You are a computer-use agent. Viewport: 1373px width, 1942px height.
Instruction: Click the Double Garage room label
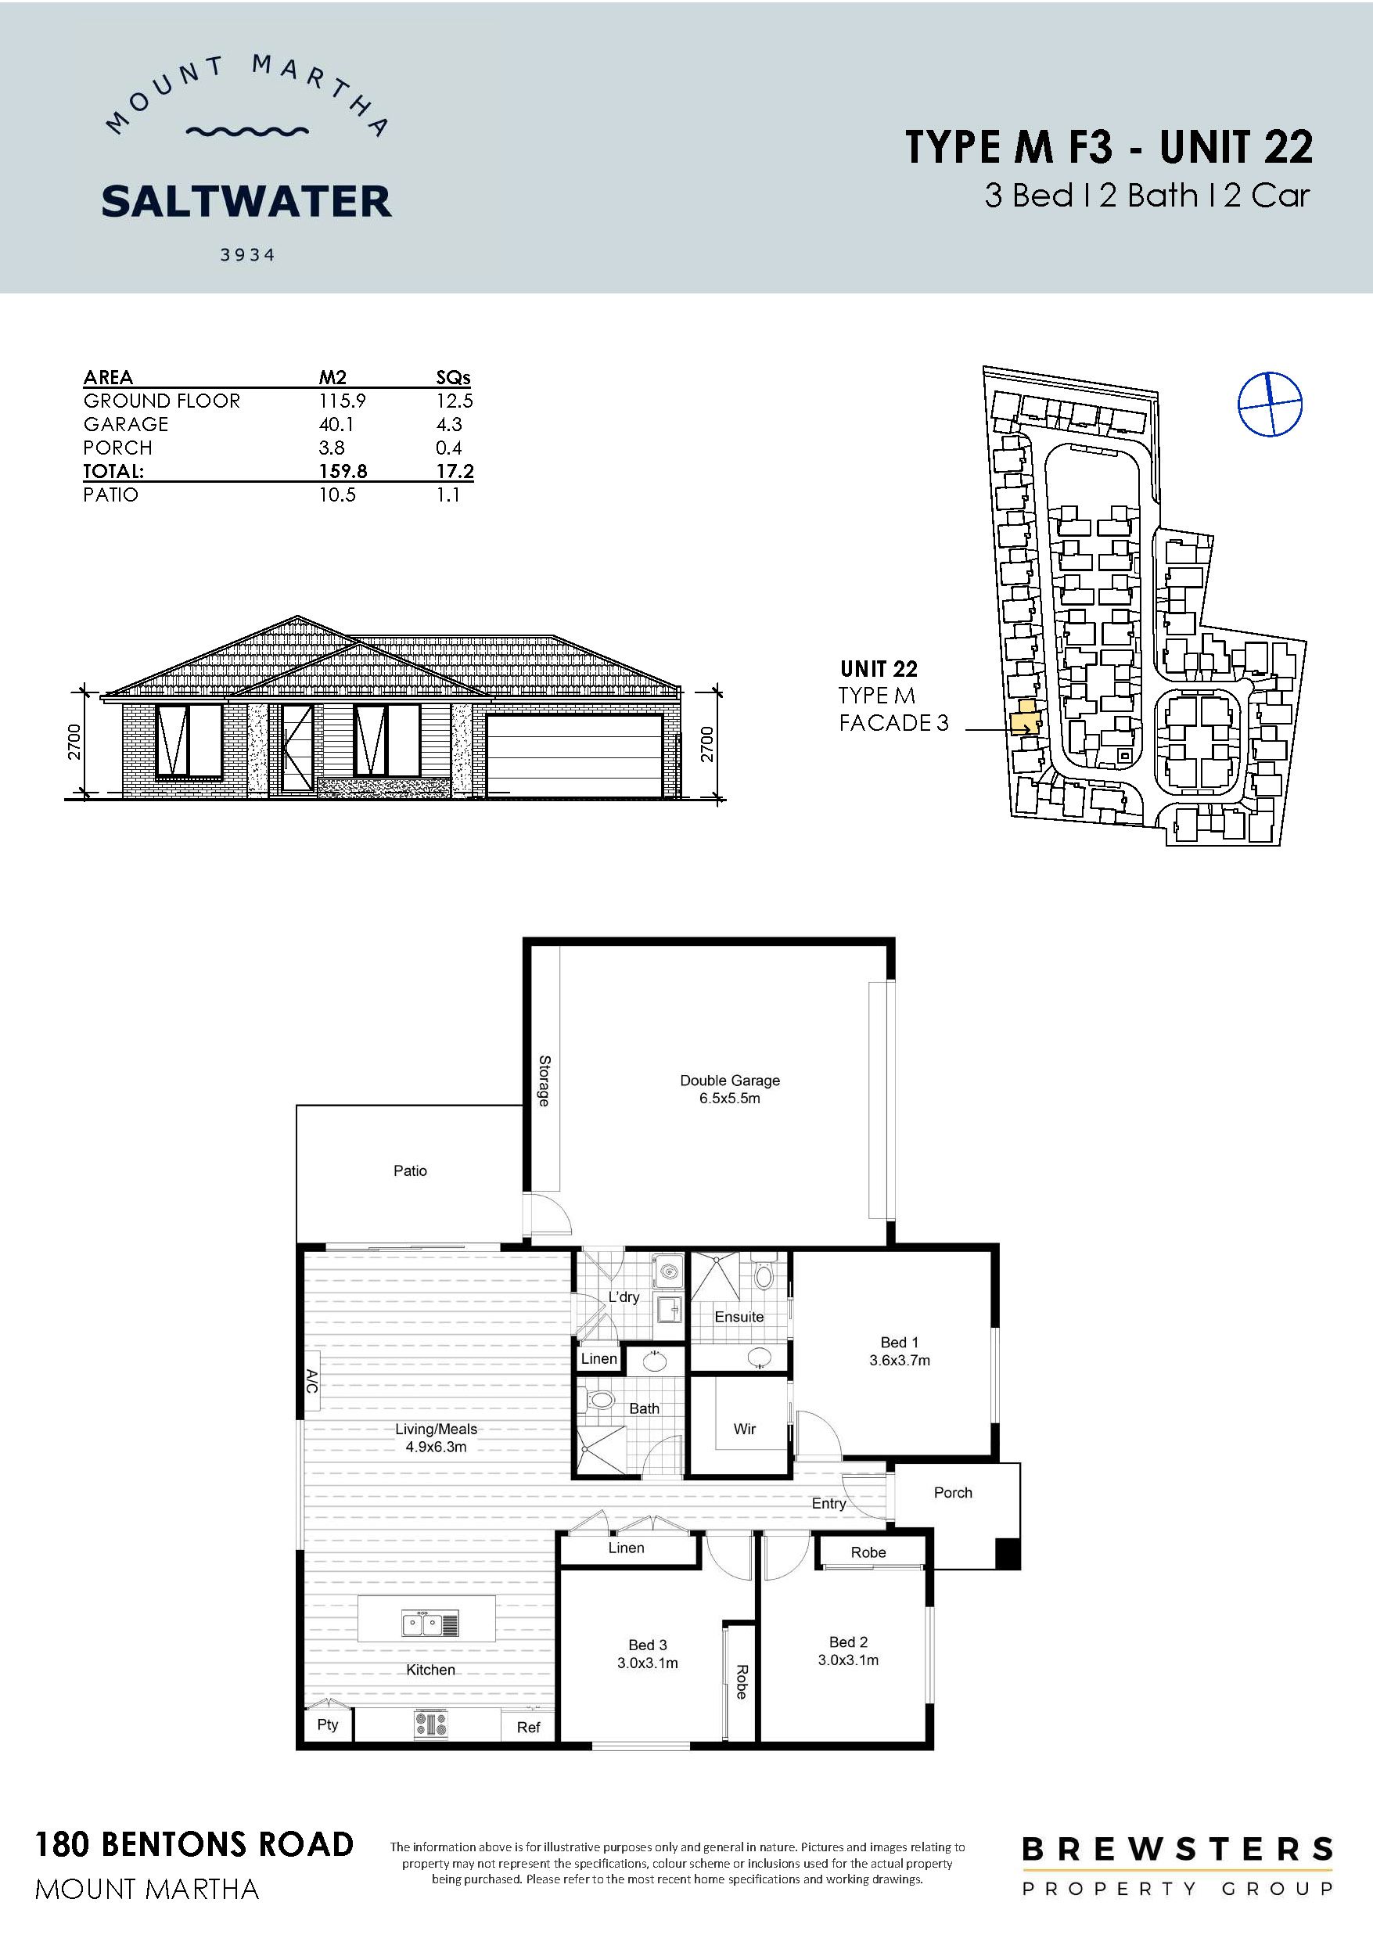click(729, 1080)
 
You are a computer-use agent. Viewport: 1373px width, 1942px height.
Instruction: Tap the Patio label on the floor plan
click(409, 1171)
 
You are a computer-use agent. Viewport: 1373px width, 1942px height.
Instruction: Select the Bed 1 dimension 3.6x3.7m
click(899, 1360)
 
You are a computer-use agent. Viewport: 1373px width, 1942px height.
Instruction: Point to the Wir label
click(745, 1429)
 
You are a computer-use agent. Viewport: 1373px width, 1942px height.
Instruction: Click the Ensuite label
click(739, 1316)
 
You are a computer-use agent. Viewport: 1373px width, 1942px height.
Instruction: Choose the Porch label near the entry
click(953, 1493)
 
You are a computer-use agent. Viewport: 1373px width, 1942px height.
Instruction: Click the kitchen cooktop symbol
click(430, 1724)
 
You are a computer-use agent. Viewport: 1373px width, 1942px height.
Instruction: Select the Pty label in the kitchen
click(327, 1724)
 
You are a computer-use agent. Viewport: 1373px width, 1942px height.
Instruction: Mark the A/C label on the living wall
click(311, 1382)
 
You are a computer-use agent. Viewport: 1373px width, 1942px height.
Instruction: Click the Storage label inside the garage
click(544, 1081)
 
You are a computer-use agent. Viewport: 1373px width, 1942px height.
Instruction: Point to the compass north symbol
click(1269, 405)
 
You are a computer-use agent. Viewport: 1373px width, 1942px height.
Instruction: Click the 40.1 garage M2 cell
click(336, 424)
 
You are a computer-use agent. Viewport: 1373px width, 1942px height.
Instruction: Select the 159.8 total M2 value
click(343, 471)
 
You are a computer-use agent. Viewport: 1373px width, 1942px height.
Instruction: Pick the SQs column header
click(454, 377)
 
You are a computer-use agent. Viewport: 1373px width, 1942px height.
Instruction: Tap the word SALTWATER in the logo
click(246, 201)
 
